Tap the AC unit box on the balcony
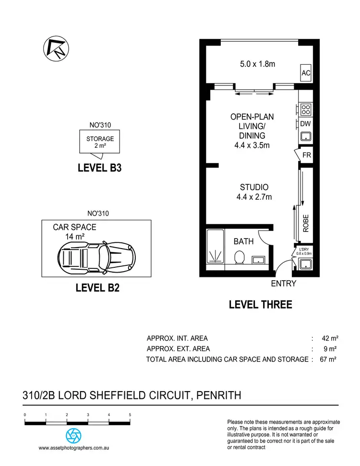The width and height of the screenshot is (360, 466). (306, 73)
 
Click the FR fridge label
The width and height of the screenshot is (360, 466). (307, 155)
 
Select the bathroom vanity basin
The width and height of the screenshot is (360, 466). (259, 261)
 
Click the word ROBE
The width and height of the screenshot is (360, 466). (306, 223)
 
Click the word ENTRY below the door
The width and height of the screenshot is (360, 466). (284, 284)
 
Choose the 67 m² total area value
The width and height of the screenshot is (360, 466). (328, 359)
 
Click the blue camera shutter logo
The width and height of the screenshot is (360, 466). (73, 435)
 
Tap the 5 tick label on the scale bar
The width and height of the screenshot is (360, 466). (130, 415)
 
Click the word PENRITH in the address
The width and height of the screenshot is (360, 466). (216, 395)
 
